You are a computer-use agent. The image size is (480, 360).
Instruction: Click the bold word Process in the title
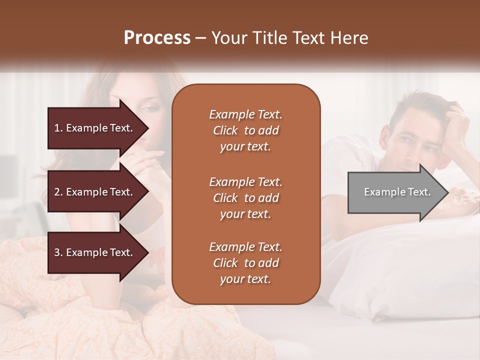[157, 38]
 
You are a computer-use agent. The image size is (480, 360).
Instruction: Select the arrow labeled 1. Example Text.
[95, 128]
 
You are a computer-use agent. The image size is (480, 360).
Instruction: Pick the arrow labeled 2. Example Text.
[95, 192]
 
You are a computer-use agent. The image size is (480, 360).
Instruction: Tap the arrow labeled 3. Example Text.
[95, 252]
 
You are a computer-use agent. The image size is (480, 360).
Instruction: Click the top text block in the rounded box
[245, 130]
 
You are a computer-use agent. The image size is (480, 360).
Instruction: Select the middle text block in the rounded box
[245, 198]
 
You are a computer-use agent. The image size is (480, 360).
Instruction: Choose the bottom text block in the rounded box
[245, 263]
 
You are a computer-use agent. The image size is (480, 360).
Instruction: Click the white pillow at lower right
[420, 280]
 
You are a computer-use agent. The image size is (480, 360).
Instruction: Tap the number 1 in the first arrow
[57, 128]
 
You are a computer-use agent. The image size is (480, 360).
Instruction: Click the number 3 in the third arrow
[57, 252]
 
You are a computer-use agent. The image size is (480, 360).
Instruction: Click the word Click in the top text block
[225, 130]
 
